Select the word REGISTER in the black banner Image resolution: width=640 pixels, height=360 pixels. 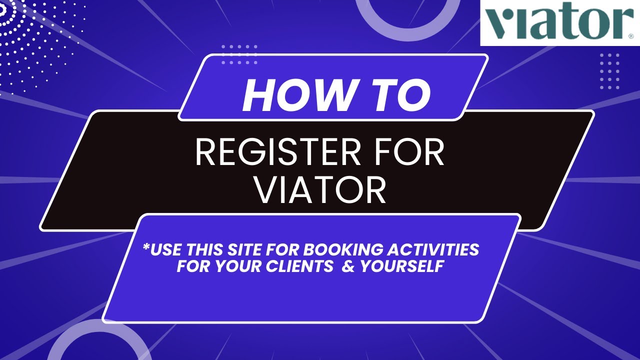[270, 153]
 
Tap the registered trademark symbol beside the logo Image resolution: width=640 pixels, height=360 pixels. [630, 36]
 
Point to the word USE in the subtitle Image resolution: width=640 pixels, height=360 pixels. [167, 249]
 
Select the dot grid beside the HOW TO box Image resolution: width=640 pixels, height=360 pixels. [239, 54]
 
